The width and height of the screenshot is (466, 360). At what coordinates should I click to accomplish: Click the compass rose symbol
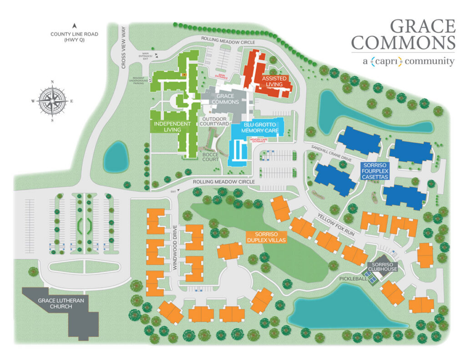(53, 101)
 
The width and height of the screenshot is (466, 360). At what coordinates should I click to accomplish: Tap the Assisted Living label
(272, 81)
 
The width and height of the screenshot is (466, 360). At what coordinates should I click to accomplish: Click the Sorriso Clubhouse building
(382, 267)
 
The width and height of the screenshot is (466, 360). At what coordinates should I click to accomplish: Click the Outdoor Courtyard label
(216, 122)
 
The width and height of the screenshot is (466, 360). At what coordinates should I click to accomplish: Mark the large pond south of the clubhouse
(346, 313)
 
